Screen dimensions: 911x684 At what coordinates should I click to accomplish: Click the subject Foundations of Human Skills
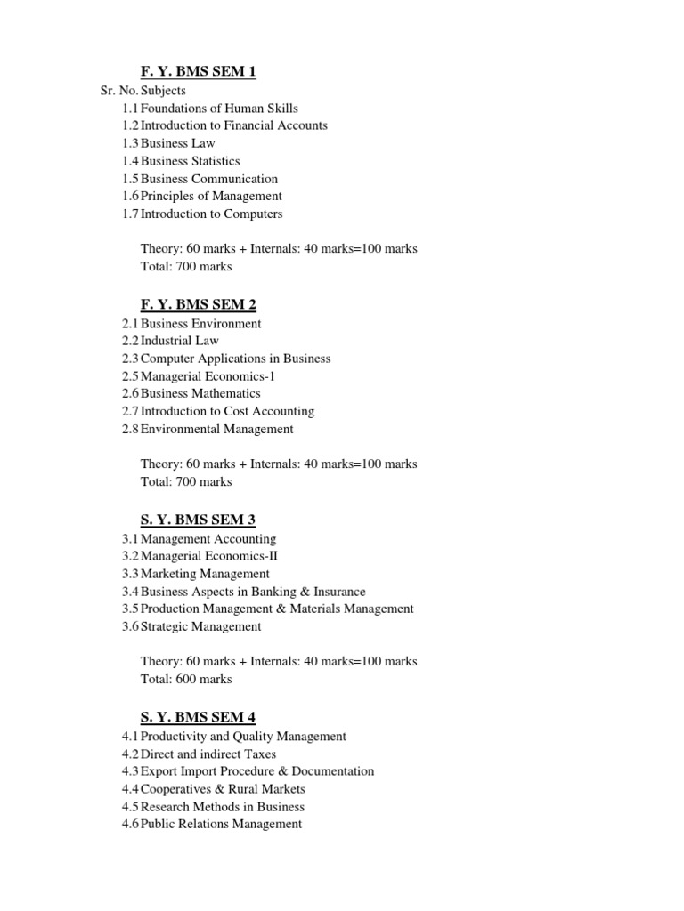pyautogui.click(x=219, y=109)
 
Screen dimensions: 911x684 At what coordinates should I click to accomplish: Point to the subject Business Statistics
pyautogui.click(x=190, y=161)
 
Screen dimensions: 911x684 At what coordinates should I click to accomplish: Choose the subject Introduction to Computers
pyautogui.click(x=211, y=214)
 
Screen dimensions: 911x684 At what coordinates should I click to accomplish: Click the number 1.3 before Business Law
pyautogui.click(x=130, y=143)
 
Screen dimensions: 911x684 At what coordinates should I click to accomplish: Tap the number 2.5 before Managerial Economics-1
pyautogui.click(x=130, y=376)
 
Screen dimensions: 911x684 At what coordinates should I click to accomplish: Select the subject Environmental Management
pyautogui.click(x=216, y=429)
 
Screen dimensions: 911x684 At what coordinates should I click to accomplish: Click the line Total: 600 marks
pyautogui.click(x=186, y=679)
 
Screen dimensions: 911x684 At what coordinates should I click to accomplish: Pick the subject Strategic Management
pyautogui.click(x=201, y=626)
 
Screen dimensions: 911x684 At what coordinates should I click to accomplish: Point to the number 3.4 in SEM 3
pyautogui.click(x=130, y=592)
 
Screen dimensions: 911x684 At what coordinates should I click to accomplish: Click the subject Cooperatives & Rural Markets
pyautogui.click(x=223, y=789)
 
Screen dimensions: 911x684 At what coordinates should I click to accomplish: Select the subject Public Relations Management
pyautogui.click(x=221, y=824)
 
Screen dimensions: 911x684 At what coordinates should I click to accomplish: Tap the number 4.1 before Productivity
pyautogui.click(x=130, y=737)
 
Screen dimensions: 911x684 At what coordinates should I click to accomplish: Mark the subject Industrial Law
pyautogui.click(x=179, y=341)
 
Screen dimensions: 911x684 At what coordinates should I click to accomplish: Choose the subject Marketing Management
pyautogui.click(x=205, y=574)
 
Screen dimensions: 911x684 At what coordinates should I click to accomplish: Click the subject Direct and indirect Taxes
pyautogui.click(x=208, y=754)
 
